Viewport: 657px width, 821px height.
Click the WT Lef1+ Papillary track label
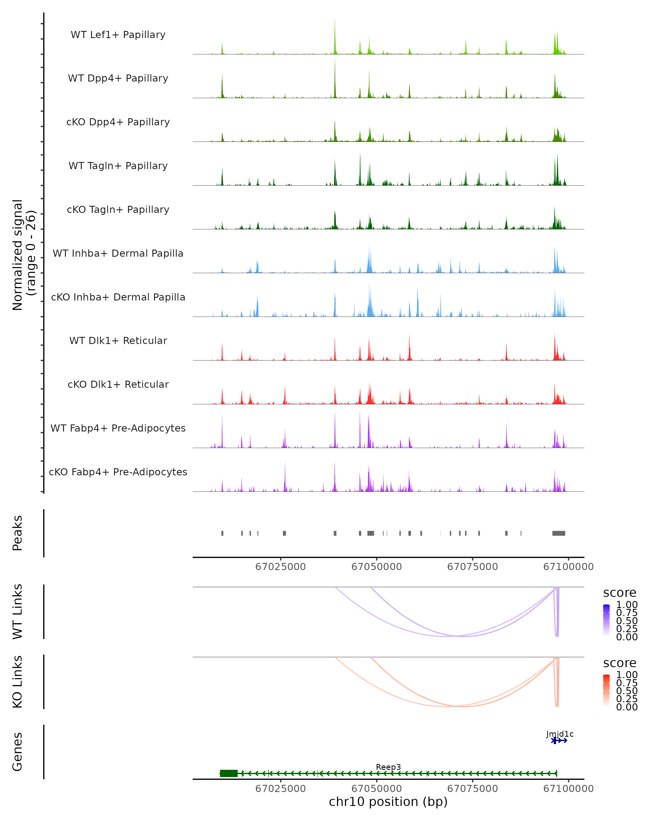pyautogui.click(x=118, y=35)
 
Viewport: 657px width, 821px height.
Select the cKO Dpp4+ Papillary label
pyautogui.click(x=118, y=122)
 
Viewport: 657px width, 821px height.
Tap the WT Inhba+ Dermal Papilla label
pyautogui.click(x=118, y=254)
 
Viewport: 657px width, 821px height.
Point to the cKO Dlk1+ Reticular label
pyautogui.click(x=118, y=385)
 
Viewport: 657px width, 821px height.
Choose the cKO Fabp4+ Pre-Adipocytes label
pyautogui.click(x=118, y=472)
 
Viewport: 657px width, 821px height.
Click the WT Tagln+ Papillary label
pyautogui.click(x=118, y=166)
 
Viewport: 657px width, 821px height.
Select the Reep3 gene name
pyautogui.click(x=388, y=767)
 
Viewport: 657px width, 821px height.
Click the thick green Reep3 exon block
pyautogui.click(x=229, y=773)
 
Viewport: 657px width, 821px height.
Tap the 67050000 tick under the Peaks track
pyautogui.click(x=376, y=567)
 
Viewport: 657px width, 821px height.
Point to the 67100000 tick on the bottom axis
pyautogui.click(x=568, y=789)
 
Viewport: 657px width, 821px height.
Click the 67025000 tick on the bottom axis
pyautogui.click(x=280, y=789)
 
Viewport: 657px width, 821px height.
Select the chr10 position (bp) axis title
pyautogui.click(x=388, y=802)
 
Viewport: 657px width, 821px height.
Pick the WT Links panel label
pyautogui.click(x=18, y=612)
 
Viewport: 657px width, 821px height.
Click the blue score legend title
pyautogui.click(x=620, y=593)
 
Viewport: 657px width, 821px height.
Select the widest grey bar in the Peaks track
pyautogui.click(x=559, y=533)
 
